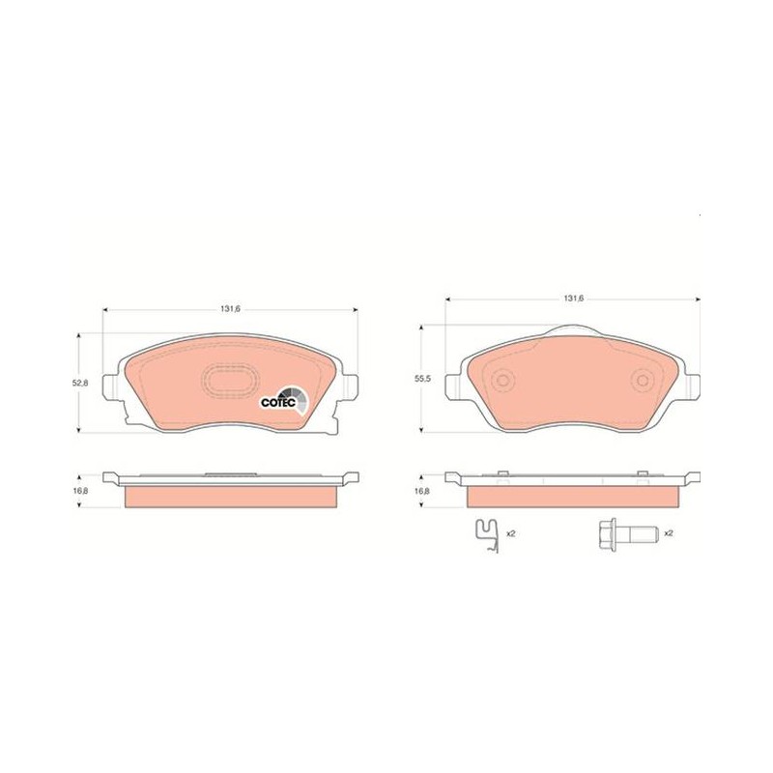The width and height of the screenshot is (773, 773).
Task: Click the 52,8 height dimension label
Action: [x=80, y=383]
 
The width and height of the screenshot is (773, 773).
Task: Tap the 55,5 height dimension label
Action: [x=423, y=379]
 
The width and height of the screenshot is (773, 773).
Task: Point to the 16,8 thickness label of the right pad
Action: [x=422, y=491]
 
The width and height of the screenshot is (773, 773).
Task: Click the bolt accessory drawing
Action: [x=627, y=534]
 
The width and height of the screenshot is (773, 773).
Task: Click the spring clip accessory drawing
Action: [x=487, y=536]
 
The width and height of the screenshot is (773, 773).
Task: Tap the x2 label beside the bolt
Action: [x=669, y=533]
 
